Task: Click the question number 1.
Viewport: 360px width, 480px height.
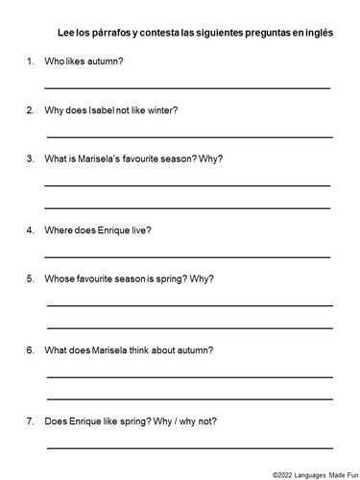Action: [31, 61]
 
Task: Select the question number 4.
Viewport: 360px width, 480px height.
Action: [31, 230]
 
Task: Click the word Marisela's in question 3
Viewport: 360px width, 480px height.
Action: [113, 157]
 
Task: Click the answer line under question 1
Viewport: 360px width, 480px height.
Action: [188, 87]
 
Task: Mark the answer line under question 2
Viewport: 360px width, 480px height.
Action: [188, 135]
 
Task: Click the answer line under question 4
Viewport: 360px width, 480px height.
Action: [188, 256]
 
